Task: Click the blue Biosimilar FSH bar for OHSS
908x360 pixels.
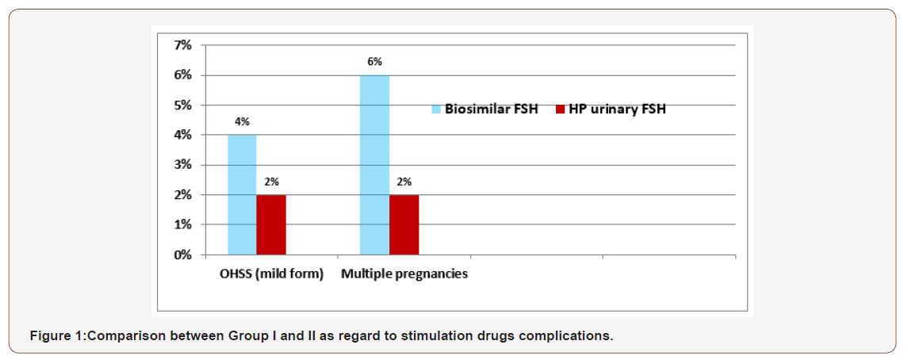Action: [242, 195]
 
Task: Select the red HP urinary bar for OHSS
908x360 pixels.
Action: [271, 225]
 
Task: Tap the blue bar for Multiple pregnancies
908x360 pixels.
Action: [374, 165]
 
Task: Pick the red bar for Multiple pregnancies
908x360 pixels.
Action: [404, 225]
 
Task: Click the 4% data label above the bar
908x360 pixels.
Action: [242, 121]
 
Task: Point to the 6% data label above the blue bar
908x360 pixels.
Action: [374, 62]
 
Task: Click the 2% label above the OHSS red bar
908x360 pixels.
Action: [271, 182]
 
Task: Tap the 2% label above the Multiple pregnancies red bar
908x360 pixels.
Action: [404, 182]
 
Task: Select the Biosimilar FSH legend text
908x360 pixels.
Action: [491, 109]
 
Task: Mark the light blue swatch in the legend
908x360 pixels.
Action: [435, 109]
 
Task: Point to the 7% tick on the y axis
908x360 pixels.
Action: [182, 45]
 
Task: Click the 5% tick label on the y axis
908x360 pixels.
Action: [182, 105]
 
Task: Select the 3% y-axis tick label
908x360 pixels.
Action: [182, 165]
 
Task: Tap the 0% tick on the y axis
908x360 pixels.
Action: [182, 255]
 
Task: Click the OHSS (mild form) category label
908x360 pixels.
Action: [271, 274]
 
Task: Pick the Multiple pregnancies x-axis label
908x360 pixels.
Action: [404, 274]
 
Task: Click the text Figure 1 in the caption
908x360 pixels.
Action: [56, 336]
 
